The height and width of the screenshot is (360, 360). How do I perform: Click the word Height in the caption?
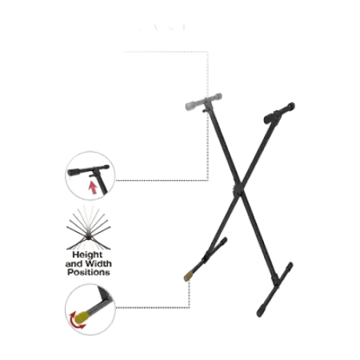pyautogui.click(x=87, y=254)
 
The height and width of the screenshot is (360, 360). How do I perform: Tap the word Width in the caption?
pyautogui.click(x=98, y=264)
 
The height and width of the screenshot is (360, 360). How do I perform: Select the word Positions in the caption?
pyautogui.click(x=89, y=273)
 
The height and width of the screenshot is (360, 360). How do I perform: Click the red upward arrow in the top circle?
pyautogui.click(x=93, y=188)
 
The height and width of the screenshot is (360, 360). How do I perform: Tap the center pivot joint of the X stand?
pyautogui.click(x=238, y=188)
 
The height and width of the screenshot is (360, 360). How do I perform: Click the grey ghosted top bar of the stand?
pyautogui.click(x=203, y=102)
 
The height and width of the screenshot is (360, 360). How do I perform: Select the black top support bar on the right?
pyautogui.click(x=279, y=113)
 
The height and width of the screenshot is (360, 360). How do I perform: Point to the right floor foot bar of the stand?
pyautogui.click(x=275, y=290)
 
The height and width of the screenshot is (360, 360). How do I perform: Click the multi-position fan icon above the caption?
pyautogui.click(x=88, y=227)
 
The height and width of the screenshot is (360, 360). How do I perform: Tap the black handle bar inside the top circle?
pyautogui.click(x=88, y=170)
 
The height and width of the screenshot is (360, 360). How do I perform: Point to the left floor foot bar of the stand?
pyautogui.click(x=206, y=258)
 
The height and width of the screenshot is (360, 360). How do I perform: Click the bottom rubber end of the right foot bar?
pyautogui.click(x=261, y=311)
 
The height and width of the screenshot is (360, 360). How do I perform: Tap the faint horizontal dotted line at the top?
pyautogui.click(x=166, y=51)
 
